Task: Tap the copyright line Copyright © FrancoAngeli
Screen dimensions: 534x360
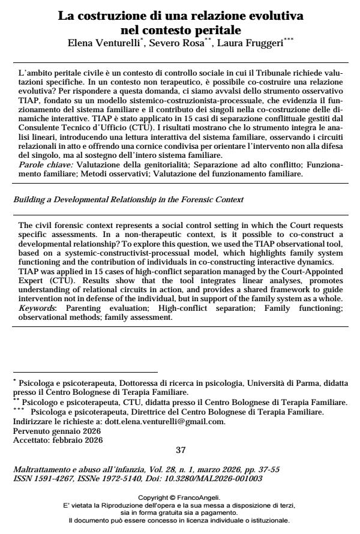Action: coord(179,497)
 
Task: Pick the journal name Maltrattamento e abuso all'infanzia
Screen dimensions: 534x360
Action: coord(77,469)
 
